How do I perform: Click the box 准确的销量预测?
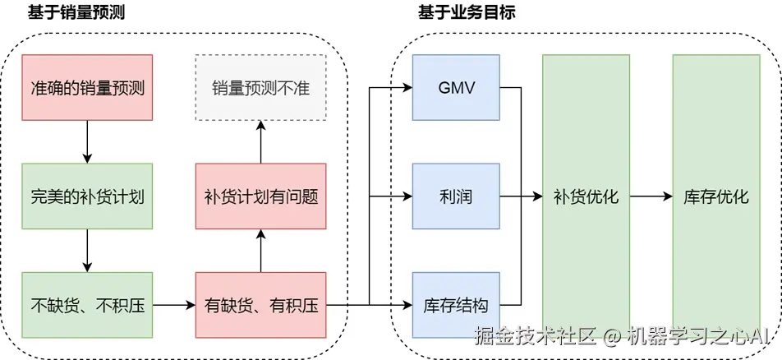pos(87,87)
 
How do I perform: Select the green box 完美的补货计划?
pos(87,196)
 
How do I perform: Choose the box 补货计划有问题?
pos(260,196)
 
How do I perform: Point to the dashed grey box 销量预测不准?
pos(260,87)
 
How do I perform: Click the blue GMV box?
pos(456,87)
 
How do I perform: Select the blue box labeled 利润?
pos(456,196)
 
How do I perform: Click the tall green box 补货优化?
pos(586,196)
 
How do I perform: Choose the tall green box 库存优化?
pos(716,196)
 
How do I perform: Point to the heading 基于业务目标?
pos(461,12)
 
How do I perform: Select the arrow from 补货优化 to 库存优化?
pos(651,196)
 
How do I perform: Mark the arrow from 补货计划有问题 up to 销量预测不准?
pos(260,141)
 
